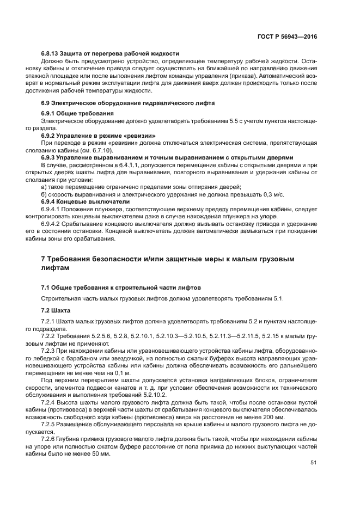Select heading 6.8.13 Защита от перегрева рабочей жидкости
coord(110,54)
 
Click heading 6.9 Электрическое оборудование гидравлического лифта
coord(128,103)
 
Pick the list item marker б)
coord(44,194)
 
